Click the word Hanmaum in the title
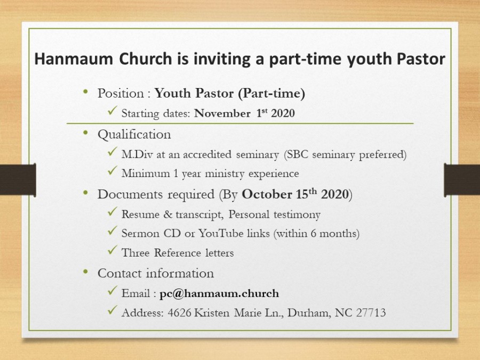point(74,59)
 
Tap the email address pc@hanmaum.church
point(219,293)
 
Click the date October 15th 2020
point(295,194)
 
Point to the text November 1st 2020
point(244,113)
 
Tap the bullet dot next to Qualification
point(85,133)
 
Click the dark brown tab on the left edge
point(18,180)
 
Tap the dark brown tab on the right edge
point(462,180)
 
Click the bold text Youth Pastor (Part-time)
point(229,93)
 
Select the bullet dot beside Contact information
point(85,272)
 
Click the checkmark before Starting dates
point(113,110)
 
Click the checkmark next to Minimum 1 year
point(113,171)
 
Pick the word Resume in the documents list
point(140,214)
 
